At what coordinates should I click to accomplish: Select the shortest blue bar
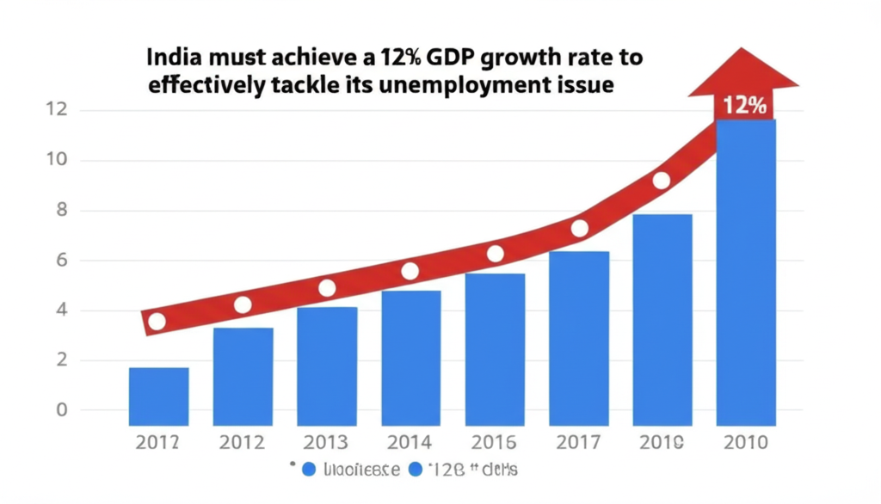[x=158, y=396]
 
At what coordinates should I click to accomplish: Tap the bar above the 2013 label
[x=327, y=366]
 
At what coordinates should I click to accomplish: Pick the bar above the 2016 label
[x=495, y=349]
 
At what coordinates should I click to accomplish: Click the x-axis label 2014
[x=410, y=444]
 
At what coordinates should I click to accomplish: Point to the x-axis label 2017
[x=579, y=444]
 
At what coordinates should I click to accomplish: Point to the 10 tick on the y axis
[x=54, y=161]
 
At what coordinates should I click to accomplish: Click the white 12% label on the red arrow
[x=745, y=107]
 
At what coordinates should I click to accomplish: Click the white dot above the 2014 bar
[x=410, y=271]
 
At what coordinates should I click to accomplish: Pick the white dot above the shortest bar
[x=157, y=322]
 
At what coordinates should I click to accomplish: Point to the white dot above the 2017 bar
[x=579, y=228]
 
